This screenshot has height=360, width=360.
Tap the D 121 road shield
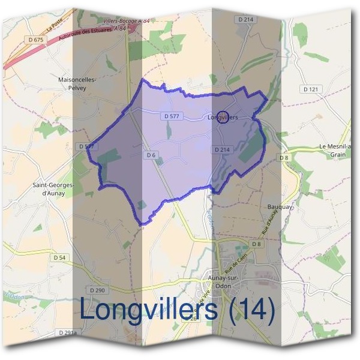point(310,89)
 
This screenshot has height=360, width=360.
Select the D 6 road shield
point(151,155)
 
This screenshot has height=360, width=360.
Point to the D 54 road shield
point(59,257)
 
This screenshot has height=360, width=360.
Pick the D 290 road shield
point(99,290)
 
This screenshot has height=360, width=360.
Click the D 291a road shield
point(68,332)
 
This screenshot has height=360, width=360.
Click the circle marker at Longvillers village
point(222,117)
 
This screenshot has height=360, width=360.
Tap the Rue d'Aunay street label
point(271,221)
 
